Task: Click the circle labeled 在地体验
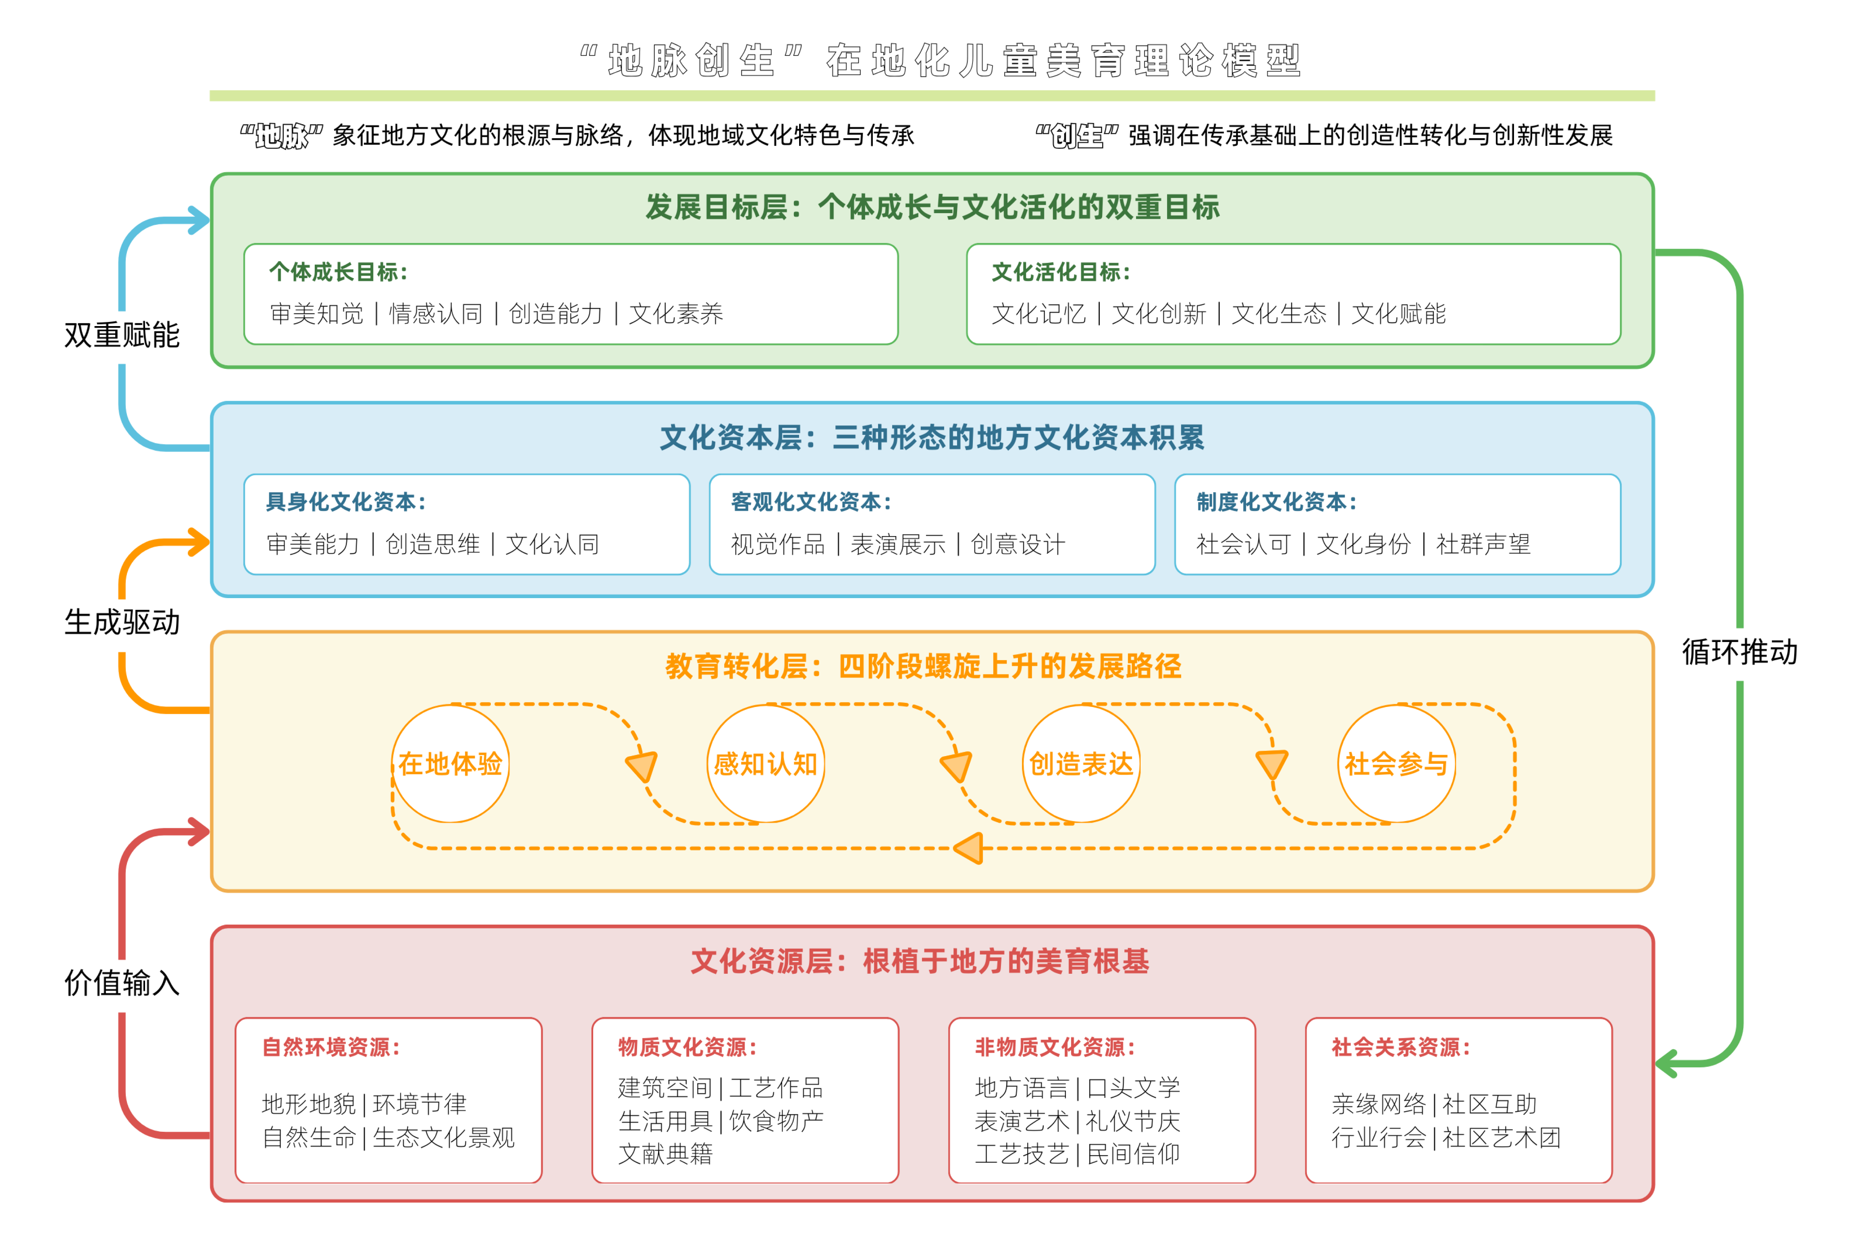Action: (450, 763)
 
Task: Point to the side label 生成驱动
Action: (122, 622)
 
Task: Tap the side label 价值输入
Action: (122, 983)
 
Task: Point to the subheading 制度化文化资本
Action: (1276, 502)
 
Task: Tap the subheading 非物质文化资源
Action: (1054, 1047)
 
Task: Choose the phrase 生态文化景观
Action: (444, 1137)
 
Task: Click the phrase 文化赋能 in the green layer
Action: (1398, 314)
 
